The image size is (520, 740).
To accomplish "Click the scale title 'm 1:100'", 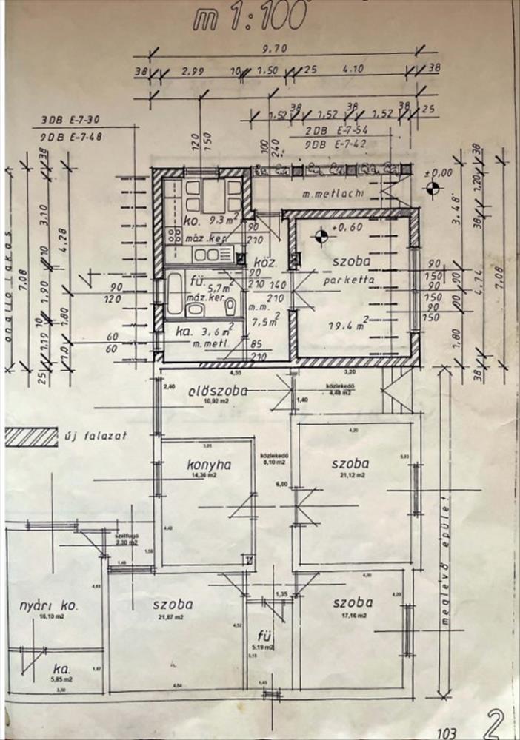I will pos(250,18).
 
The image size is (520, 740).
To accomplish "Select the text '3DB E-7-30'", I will pos(70,119).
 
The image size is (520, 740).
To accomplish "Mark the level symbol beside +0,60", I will pos(321,237).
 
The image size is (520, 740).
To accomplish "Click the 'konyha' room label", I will pos(210,465).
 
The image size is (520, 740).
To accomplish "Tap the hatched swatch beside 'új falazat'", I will pos(31,437).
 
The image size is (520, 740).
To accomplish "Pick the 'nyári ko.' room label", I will pos(49,606).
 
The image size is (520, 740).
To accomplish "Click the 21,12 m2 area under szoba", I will pos(351,476).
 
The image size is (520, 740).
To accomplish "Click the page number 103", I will pos(446,733).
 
